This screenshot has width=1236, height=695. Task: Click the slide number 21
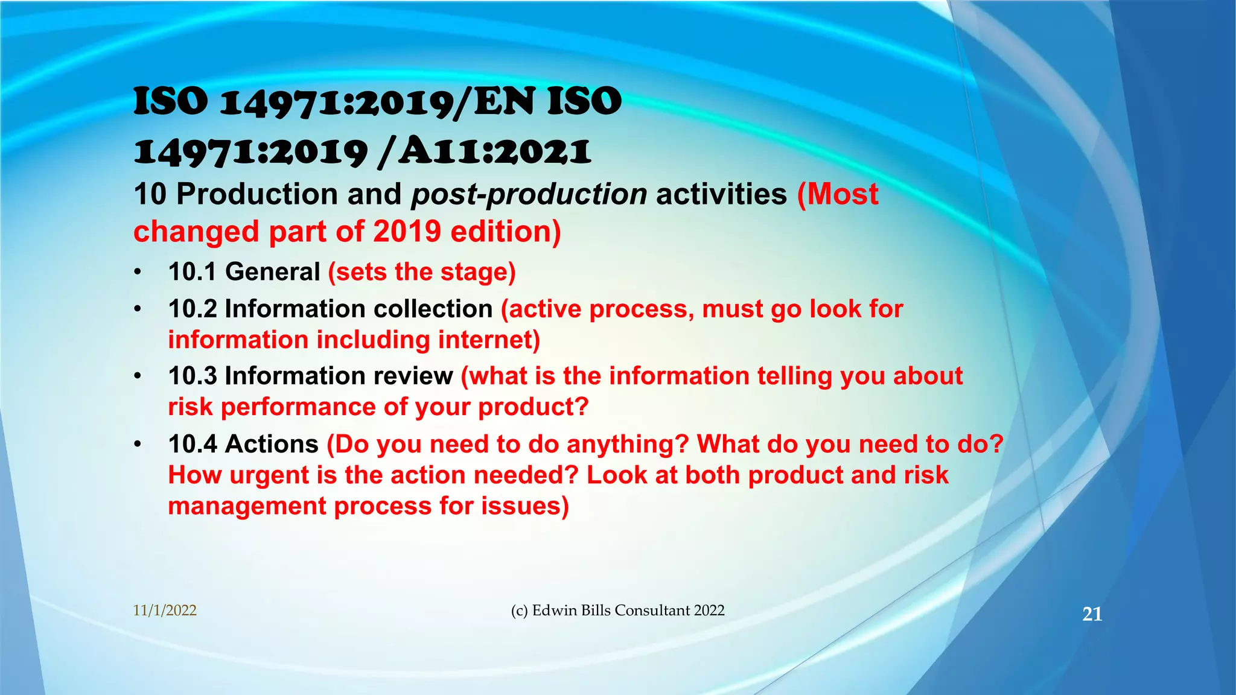1092,614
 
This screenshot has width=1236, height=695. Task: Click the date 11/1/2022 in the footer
165,611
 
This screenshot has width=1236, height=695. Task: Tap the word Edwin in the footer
554,611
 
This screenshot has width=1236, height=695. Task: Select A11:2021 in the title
494,151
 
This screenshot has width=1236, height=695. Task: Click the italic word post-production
529,194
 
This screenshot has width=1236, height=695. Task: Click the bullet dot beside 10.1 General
138,273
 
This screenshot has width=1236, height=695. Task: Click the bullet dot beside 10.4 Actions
138,445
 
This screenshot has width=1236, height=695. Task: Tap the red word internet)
489,340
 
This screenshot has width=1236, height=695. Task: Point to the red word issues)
525,506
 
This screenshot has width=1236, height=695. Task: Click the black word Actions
272,444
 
